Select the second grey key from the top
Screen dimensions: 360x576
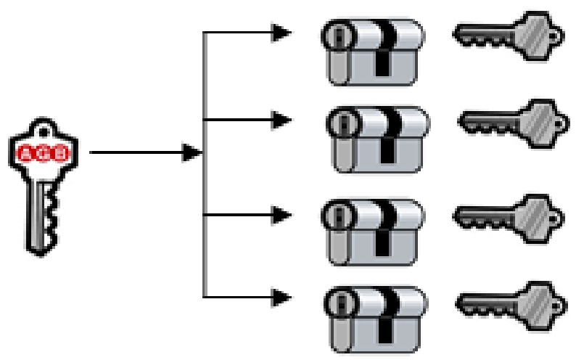pyautogui.click(x=512, y=123)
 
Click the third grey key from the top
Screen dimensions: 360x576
pyautogui.click(x=507, y=214)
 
